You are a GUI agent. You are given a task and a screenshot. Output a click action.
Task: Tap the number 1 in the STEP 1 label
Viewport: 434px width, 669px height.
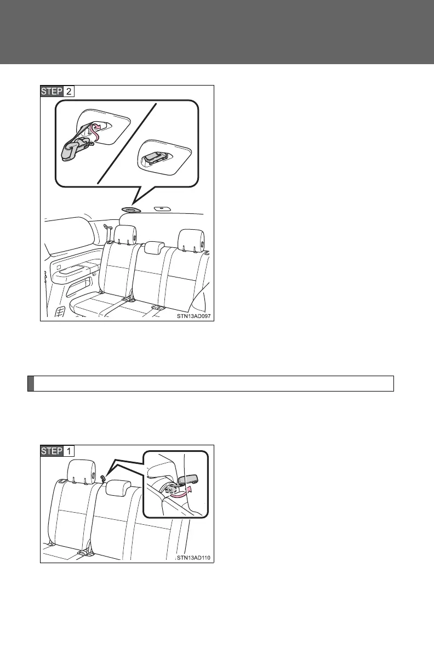tap(68, 451)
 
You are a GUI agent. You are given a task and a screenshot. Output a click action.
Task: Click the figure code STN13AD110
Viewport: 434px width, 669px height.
tap(193, 558)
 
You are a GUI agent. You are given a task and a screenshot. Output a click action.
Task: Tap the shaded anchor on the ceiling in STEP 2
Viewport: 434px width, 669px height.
tap(132, 209)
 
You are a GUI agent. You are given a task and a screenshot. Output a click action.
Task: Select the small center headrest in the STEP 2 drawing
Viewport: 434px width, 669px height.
tap(155, 248)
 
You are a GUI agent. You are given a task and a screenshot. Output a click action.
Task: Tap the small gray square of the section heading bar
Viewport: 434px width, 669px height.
tap(31, 383)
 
